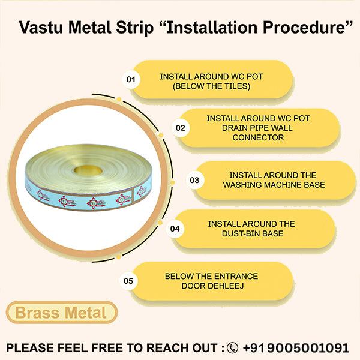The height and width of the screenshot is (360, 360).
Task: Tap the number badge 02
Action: [x=179, y=128]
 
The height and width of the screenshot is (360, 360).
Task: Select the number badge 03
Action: [x=194, y=179]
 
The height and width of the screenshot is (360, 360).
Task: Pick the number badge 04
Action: [x=175, y=229]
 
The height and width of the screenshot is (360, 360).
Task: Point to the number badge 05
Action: [x=128, y=280]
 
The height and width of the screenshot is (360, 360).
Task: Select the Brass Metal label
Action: [x=61, y=313]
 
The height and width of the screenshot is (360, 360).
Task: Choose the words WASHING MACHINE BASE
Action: [x=274, y=185]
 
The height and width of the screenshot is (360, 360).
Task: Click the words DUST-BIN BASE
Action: [x=251, y=233]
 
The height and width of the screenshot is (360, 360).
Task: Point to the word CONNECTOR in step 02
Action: [x=258, y=137]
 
